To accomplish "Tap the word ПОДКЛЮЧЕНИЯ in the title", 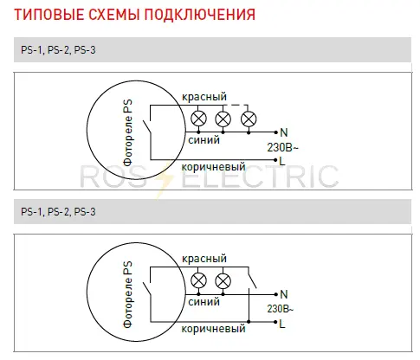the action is [x=200, y=15].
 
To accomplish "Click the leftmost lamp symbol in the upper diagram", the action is [x=198, y=119].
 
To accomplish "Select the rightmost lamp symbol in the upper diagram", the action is [x=249, y=119].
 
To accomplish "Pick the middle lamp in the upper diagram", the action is [x=223, y=119].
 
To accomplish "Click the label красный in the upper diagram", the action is [x=204, y=97].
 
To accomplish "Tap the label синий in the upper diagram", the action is [x=204, y=140].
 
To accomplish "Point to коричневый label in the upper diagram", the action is [x=213, y=166].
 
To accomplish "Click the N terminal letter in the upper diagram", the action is [x=284, y=132].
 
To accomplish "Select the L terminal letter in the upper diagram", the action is [x=282, y=161].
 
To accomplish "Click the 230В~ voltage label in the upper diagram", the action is [x=282, y=147].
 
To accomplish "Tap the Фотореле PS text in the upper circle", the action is [x=127, y=132].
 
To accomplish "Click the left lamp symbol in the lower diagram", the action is [x=198, y=280].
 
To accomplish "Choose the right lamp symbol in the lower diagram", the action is [x=223, y=280].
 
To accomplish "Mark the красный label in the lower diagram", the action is [x=204, y=259].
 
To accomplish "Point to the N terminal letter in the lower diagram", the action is [x=284, y=294].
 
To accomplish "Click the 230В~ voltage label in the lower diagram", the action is [x=280, y=309].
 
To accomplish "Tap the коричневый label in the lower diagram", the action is [x=213, y=329].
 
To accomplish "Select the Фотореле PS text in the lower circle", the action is [x=127, y=294].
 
